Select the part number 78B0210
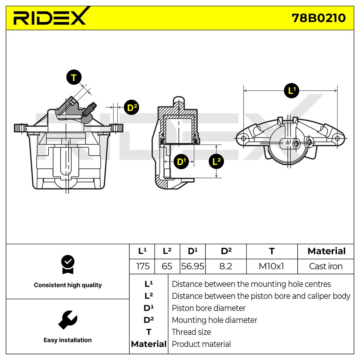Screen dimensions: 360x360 pyautogui.click(x=319, y=18)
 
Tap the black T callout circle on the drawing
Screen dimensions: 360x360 pyautogui.click(x=74, y=77)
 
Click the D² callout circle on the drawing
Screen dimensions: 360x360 pyautogui.click(x=131, y=107)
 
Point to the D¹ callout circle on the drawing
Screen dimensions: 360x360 pyautogui.click(x=181, y=162)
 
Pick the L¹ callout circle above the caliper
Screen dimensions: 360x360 pyautogui.click(x=291, y=91)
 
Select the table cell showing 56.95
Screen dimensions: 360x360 pyautogui.click(x=193, y=266)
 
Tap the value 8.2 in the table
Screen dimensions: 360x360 pyautogui.click(x=226, y=266)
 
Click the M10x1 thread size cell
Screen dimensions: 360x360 pyautogui.click(x=271, y=266)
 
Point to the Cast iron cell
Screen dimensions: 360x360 pyautogui.click(x=325, y=266)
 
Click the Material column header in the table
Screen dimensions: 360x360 pyautogui.click(x=326, y=251)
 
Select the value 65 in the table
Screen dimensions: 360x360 pyautogui.click(x=167, y=266)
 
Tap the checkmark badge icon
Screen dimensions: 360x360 pyautogui.click(x=67, y=265)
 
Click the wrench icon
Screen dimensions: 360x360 pyautogui.click(x=67, y=319)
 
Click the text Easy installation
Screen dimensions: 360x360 pyautogui.click(x=67, y=340)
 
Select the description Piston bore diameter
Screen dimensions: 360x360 pyautogui.click(x=208, y=308)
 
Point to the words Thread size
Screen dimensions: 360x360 pyautogui.click(x=191, y=332)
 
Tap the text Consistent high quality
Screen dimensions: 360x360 pyautogui.click(x=68, y=285)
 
